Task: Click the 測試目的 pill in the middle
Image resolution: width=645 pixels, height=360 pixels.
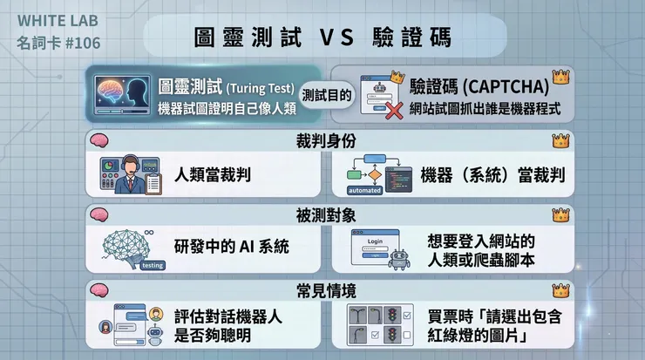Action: point(330,96)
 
